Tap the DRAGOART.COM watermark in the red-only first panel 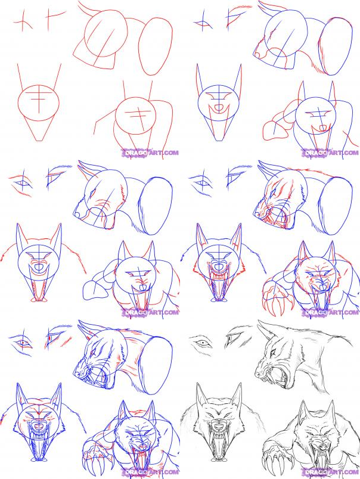click(x=151, y=153)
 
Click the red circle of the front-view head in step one click(x=38, y=102)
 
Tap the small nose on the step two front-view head click(x=219, y=108)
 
